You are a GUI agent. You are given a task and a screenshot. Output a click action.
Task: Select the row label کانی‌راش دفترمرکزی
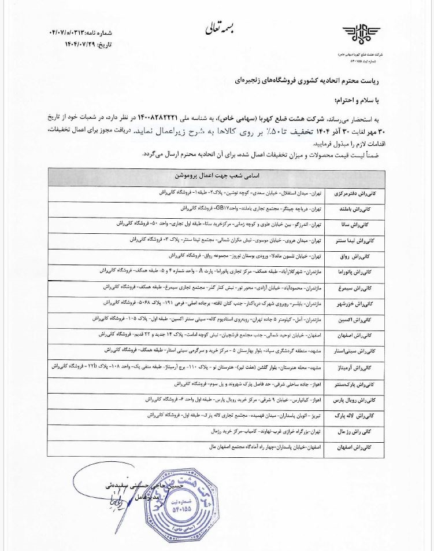359,191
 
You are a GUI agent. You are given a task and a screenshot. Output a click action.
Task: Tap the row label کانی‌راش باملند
366,207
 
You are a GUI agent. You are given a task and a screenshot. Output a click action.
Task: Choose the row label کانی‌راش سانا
368,223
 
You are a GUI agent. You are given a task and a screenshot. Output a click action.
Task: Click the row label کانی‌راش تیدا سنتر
362,239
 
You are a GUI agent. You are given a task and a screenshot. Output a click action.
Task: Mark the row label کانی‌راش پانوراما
362,271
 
